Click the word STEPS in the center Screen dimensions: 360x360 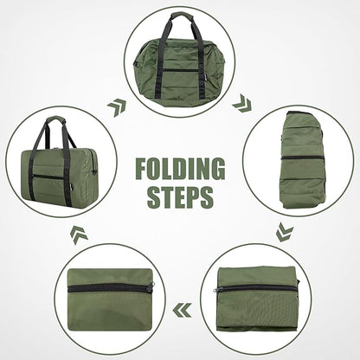tap(178, 196)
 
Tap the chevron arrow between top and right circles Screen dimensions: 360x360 tap(243, 103)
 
